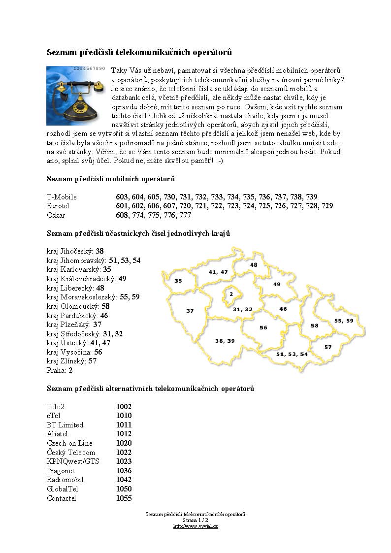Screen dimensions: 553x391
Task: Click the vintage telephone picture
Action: [76, 95]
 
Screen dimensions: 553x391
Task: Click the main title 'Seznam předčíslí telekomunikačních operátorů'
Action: [139, 52]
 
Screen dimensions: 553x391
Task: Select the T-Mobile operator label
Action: [62, 197]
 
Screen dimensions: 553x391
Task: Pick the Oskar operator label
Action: [56, 215]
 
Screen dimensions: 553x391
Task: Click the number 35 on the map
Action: [178, 281]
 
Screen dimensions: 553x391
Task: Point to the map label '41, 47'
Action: [218, 272]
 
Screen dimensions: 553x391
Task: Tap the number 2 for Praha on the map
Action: [231, 294]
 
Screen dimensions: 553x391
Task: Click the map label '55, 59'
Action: [344, 321]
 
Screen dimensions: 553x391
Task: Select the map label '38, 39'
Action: [225, 341]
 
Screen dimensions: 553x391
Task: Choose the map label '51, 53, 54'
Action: [292, 354]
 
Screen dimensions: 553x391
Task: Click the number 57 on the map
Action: [328, 347]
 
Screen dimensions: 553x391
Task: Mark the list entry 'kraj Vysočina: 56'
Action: [74, 352]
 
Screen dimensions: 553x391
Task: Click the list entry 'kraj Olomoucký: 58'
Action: [78, 306]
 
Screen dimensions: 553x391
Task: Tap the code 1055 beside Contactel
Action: [124, 498]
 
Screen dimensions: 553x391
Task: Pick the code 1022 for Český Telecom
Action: [124, 452]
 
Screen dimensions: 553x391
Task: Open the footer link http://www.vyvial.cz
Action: [195, 526]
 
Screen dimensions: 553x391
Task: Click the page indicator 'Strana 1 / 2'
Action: [195, 520]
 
